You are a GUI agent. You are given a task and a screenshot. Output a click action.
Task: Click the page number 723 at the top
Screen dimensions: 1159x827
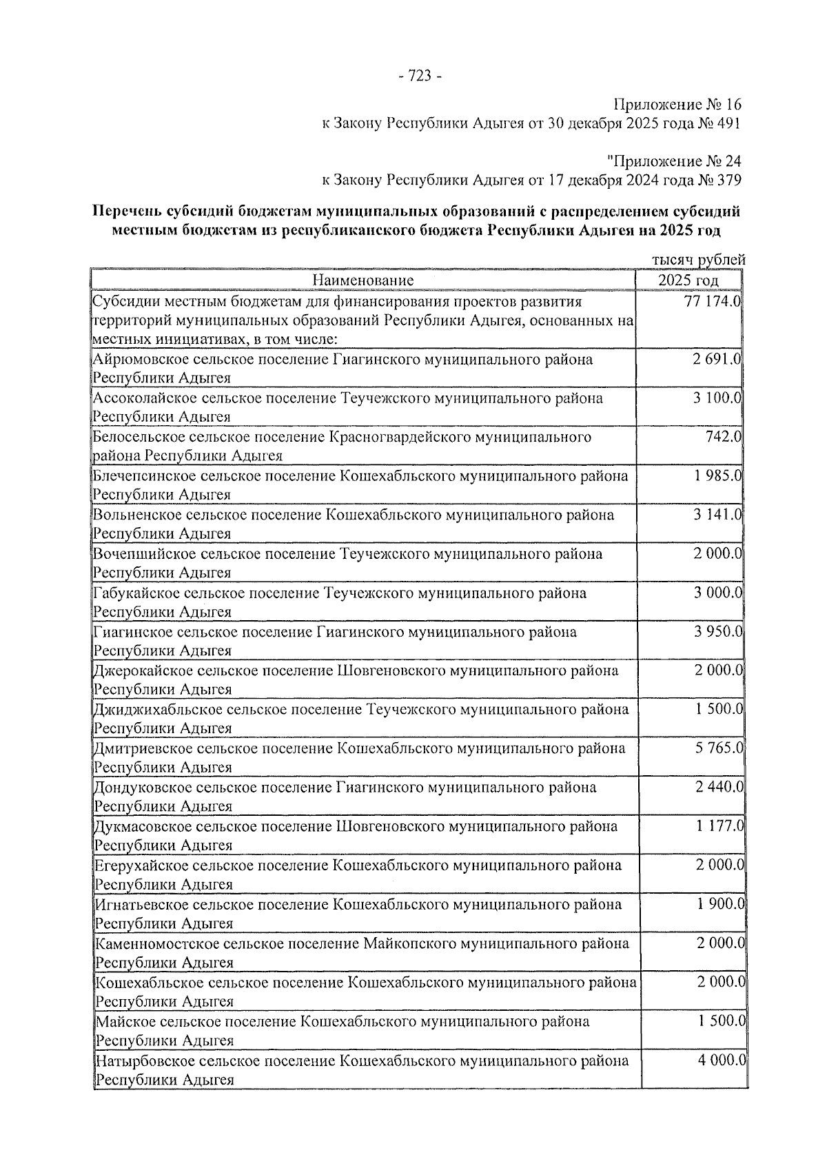(420, 76)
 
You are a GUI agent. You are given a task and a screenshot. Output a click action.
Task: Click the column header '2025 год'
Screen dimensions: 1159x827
(688, 280)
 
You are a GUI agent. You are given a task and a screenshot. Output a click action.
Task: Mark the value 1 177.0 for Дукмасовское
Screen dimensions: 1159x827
(719, 826)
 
